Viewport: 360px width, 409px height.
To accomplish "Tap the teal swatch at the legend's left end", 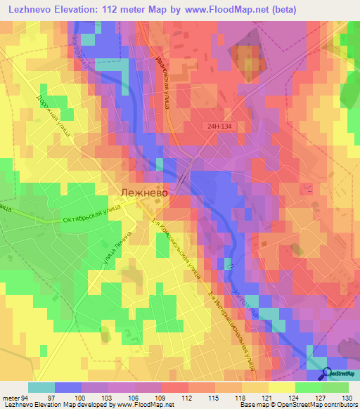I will pos(41,387).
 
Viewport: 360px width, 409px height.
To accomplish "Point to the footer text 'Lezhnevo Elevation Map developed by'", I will pos(53,405).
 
